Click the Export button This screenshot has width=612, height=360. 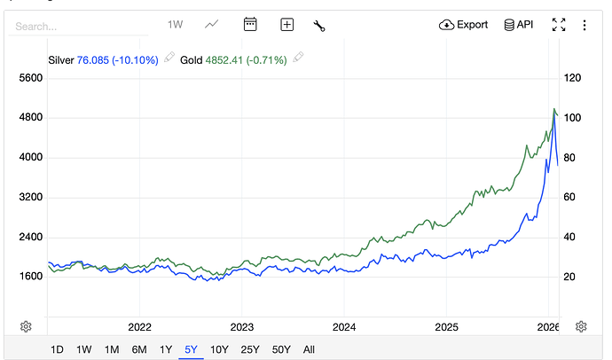click(464, 25)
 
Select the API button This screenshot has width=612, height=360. click(519, 25)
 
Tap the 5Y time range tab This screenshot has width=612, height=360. click(191, 349)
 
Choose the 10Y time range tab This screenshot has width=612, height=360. click(219, 349)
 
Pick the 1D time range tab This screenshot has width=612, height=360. click(57, 349)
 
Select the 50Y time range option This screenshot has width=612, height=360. click(281, 349)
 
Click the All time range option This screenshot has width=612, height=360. click(309, 349)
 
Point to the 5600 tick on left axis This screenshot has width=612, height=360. click(31, 78)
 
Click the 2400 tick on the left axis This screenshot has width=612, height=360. click(31, 237)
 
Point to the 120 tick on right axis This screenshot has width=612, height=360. click(572, 78)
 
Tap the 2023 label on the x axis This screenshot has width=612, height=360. click(242, 326)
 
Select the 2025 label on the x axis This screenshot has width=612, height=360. click(447, 326)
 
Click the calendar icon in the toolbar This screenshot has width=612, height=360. click(250, 25)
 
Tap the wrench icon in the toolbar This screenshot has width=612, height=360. click(319, 25)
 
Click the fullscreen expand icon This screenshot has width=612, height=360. click(559, 25)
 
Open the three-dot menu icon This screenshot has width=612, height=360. click(585, 25)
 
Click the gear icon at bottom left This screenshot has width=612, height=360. click(26, 326)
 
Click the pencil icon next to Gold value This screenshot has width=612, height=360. click(299, 59)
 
